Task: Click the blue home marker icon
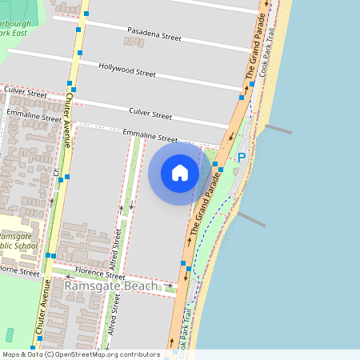click(180, 173)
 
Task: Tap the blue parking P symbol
click(241, 158)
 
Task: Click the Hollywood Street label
click(127, 70)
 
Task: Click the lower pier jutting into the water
click(250, 219)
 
